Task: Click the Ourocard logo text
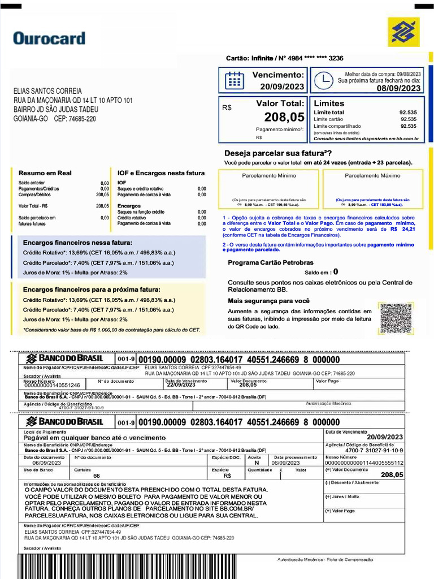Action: coord(49,38)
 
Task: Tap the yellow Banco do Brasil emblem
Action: coord(403,32)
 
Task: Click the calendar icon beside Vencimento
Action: coord(235,80)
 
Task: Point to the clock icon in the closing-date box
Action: coord(323,81)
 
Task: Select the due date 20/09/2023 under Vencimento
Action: coord(282,87)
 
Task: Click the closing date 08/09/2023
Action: coord(398,88)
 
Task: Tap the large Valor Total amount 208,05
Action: coord(284,118)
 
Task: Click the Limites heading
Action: coord(329,103)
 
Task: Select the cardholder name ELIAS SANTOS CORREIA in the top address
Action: coord(47,91)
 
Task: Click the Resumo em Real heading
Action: coord(45,173)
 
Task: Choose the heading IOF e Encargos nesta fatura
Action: coord(161,173)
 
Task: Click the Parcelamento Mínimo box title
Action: coord(269,176)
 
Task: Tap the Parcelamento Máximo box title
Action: coord(372,176)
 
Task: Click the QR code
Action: coord(396,319)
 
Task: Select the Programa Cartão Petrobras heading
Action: coord(271,262)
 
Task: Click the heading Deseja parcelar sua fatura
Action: coord(278,153)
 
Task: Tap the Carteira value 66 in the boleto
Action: coord(97,476)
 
